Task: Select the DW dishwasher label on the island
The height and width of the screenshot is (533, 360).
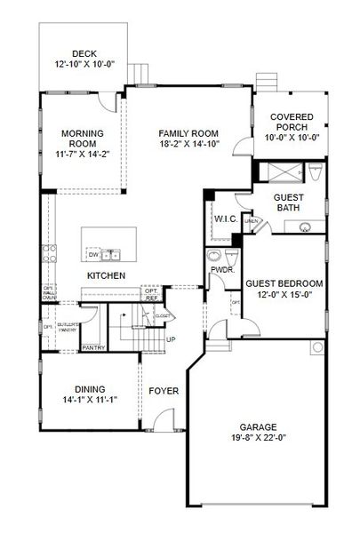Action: coord(93,255)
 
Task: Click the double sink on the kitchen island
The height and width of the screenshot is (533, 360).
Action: coord(111,255)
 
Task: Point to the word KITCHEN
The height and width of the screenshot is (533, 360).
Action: coord(105,276)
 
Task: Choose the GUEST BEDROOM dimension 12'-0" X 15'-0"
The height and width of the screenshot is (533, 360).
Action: coord(284,294)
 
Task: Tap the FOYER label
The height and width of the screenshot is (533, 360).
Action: coord(164,390)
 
